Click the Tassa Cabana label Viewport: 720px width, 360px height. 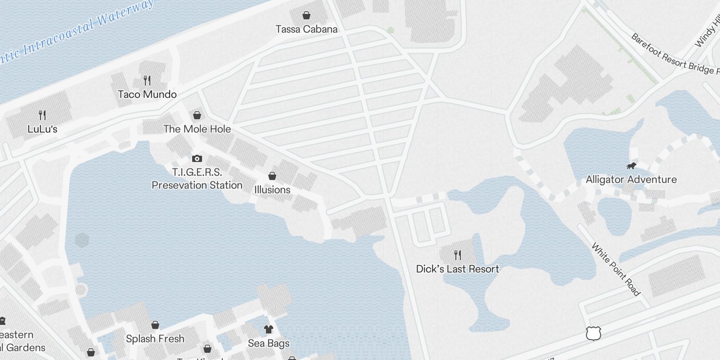(x=306, y=29)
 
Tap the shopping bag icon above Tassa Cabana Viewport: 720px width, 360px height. (x=306, y=16)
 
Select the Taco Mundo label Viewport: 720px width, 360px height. (x=147, y=94)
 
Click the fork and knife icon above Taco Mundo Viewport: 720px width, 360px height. (x=147, y=81)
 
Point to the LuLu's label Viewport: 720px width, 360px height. (x=42, y=129)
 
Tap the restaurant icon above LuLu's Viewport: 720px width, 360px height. (x=42, y=115)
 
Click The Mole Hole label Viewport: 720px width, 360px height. (x=197, y=129)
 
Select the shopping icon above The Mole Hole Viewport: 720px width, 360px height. (x=197, y=115)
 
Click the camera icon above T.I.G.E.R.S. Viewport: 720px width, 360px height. (x=197, y=158)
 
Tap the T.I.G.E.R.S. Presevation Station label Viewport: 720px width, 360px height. (x=197, y=179)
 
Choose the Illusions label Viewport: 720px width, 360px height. (x=272, y=190)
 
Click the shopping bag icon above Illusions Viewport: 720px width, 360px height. (x=272, y=176)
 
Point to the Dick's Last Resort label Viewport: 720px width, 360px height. (x=458, y=269)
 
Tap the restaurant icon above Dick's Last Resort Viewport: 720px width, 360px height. (x=458, y=255)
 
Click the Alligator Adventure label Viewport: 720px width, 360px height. (x=631, y=180)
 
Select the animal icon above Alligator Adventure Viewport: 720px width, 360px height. (x=631, y=166)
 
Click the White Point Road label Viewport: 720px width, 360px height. (x=615, y=269)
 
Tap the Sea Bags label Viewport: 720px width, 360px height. (x=269, y=343)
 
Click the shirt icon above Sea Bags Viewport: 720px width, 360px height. (x=269, y=329)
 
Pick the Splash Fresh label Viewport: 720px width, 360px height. (x=155, y=339)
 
